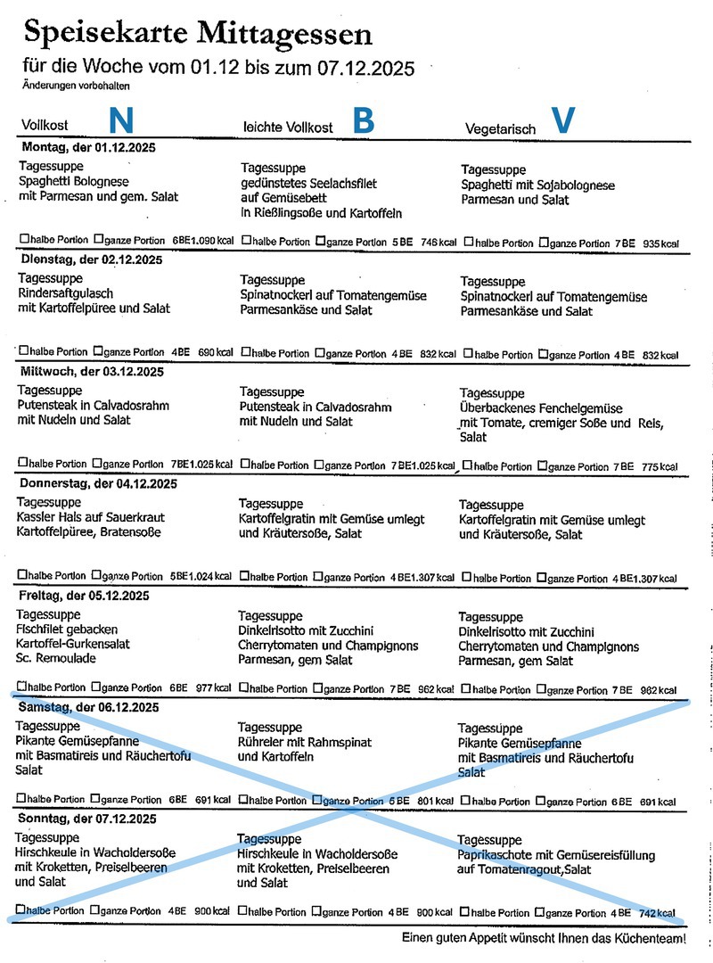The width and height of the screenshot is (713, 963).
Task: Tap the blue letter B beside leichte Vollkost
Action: pos(363,122)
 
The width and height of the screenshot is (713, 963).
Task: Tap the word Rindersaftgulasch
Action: pos(66,293)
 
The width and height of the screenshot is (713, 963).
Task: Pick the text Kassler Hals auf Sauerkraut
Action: pos(91,518)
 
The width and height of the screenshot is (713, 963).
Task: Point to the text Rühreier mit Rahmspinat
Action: pos(305,743)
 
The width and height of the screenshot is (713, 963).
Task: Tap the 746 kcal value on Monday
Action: pos(439,243)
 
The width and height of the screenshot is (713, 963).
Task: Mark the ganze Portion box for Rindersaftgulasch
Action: pos(98,352)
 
